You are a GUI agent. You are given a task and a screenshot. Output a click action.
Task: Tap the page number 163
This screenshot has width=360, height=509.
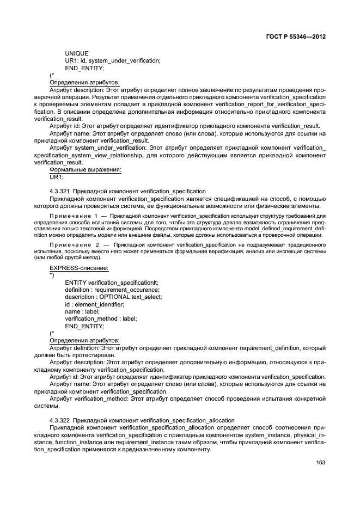click(320, 463)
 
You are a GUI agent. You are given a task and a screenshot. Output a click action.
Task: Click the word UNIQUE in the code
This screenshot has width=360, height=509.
click(77, 53)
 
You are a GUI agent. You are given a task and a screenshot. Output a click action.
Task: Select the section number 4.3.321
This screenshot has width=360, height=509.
click(59, 191)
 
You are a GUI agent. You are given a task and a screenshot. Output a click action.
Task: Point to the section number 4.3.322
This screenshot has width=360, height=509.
click(59, 420)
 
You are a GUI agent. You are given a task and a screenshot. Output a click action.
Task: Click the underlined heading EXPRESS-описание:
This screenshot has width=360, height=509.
click(79, 268)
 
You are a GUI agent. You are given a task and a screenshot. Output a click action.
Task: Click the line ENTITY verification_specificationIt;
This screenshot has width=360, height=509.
click(112, 283)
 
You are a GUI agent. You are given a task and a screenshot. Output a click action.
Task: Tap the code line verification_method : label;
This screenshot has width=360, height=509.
click(101, 318)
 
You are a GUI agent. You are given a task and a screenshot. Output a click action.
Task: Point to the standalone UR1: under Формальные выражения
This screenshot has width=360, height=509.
click(57, 177)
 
